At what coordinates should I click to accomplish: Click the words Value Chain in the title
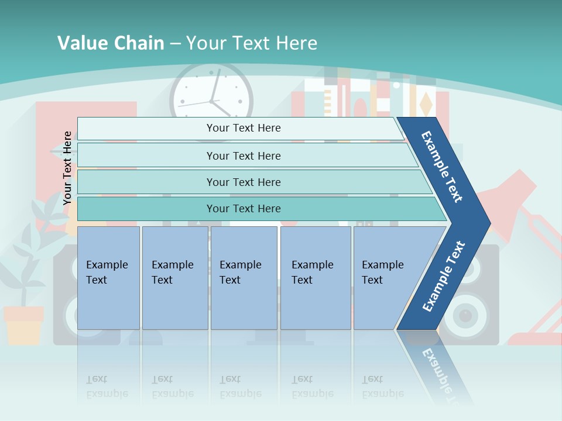coord(111,43)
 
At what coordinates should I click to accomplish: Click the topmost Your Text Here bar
coord(243,128)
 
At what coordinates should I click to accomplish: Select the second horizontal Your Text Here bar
coord(243,156)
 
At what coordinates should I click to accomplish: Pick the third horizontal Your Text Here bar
coord(243,182)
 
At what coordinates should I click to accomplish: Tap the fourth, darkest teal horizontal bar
coord(243,209)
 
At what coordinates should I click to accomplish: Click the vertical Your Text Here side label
coord(67,168)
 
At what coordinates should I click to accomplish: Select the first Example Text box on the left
coord(108,278)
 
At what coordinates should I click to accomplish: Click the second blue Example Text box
coord(174,278)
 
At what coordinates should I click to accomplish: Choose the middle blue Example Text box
coord(244,278)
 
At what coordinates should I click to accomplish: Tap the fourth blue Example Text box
coord(315,278)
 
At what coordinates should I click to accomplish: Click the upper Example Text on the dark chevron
coord(443,167)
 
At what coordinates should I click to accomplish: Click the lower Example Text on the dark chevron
coord(443,277)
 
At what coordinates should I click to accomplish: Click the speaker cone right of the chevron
coord(466,316)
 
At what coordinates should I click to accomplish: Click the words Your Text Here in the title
coord(252,43)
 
